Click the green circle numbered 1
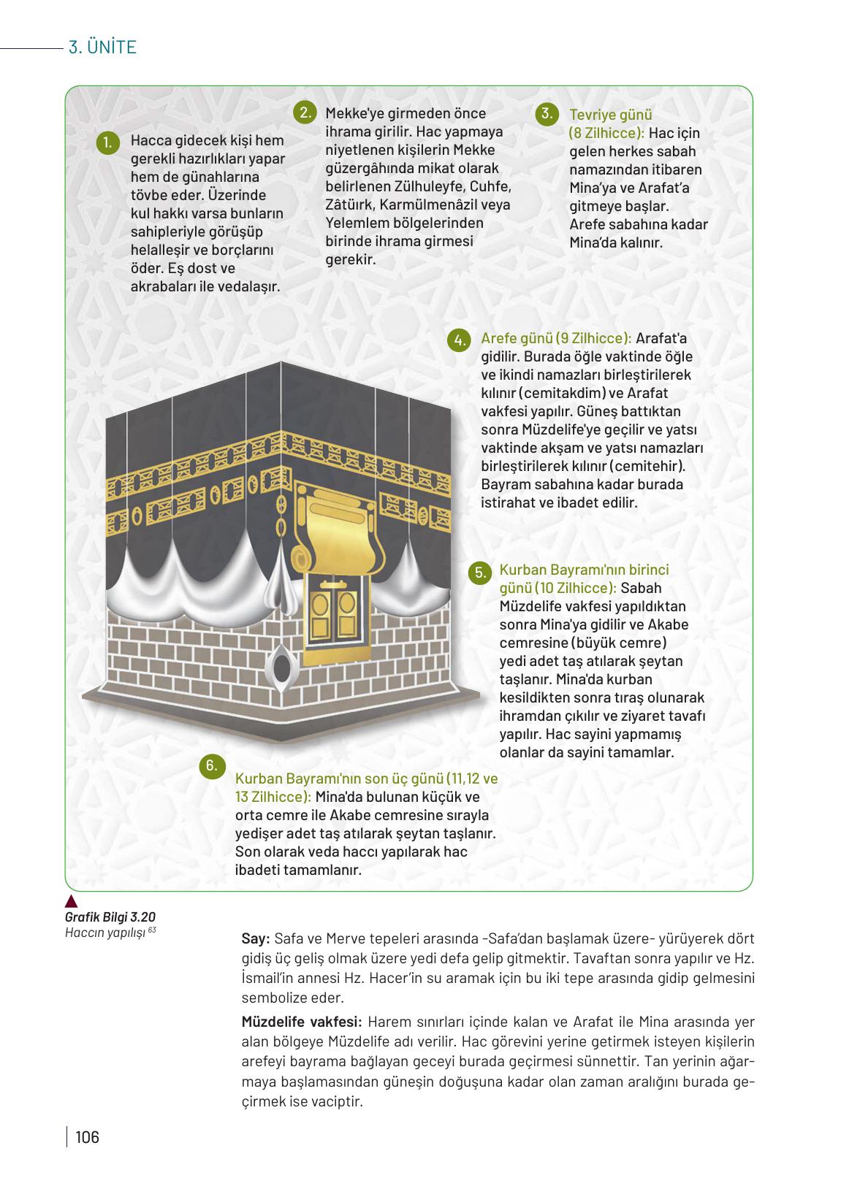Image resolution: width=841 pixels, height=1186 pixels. coord(107,142)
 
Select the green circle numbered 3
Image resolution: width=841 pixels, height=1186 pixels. coord(546,113)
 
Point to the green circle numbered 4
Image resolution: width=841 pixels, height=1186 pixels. coord(459,340)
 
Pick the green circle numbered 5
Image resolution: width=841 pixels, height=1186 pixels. coord(480,572)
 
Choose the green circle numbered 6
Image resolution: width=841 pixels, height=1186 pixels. coord(210,765)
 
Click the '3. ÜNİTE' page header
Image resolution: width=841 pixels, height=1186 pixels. coord(102,48)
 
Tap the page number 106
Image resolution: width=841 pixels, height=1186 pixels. coord(86,1137)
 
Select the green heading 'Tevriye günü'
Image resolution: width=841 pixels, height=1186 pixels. coord(611,115)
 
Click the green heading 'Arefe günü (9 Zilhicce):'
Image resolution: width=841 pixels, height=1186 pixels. coord(556,339)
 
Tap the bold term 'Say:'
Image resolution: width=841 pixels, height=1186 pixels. coord(256,938)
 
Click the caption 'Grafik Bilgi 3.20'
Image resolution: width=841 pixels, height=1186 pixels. coord(110,917)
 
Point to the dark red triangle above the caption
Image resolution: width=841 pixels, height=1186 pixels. coord(71,901)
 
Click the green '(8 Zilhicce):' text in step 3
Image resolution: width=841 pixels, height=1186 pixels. coord(606,133)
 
